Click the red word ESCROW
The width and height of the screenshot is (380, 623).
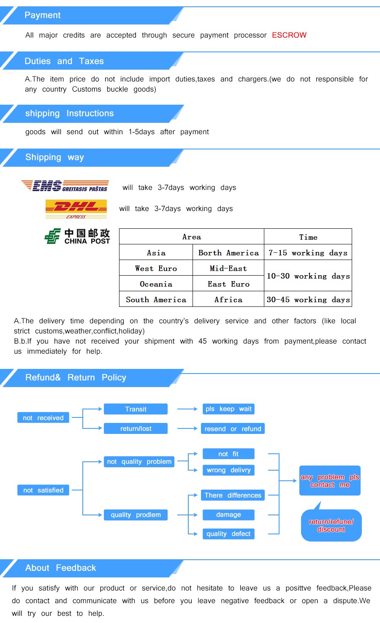click(x=289, y=35)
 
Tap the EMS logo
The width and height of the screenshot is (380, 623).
click(x=65, y=186)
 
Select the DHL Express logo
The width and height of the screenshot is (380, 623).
click(x=76, y=209)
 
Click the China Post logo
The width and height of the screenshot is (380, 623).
click(x=77, y=236)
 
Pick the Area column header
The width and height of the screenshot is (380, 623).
click(x=192, y=237)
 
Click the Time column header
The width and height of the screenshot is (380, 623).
click(x=308, y=237)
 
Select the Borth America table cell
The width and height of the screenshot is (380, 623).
click(x=228, y=253)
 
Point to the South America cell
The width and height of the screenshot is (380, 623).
click(x=156, y=300)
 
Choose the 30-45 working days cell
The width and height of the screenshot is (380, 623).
click(x=308, y=300)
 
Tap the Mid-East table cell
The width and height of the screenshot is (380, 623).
click(x=228, y=268)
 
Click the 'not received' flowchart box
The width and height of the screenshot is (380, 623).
click(x=43, y=418)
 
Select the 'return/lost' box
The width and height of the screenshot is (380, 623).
click(x=136, y=428)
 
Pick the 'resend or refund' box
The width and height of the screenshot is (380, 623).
click(x=233, y=429)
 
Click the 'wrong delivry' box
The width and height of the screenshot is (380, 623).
click(x=228, y=470)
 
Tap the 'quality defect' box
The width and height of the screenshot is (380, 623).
click(x=228, y=534)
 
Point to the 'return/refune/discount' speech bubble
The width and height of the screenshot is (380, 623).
click(x=331, y=525)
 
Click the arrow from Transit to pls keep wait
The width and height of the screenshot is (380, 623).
click(x=187, y=409)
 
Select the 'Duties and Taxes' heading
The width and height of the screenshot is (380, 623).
click(x=64, y=61)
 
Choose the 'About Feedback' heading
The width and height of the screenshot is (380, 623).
click(x=60, y=568)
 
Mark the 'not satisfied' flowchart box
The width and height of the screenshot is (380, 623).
click(x=43, y=490)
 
